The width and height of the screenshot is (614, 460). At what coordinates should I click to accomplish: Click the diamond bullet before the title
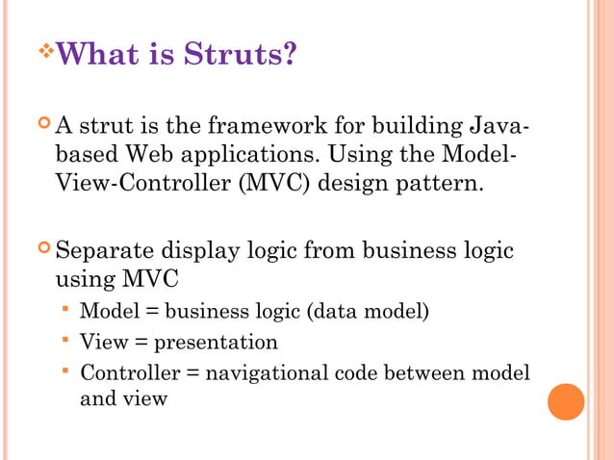pos(44,47)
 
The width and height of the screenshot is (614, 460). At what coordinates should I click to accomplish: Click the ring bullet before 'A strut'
pos(43,124)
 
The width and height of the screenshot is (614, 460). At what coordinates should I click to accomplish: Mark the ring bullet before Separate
pos(43,250)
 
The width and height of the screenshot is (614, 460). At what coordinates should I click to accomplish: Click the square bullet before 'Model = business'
pos(65,310)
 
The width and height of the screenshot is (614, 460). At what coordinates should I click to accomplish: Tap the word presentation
pos(216,342)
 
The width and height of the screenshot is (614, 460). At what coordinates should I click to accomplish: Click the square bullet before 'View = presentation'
pos(65,340)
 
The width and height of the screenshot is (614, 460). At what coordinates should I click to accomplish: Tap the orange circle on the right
pos(566,401)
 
